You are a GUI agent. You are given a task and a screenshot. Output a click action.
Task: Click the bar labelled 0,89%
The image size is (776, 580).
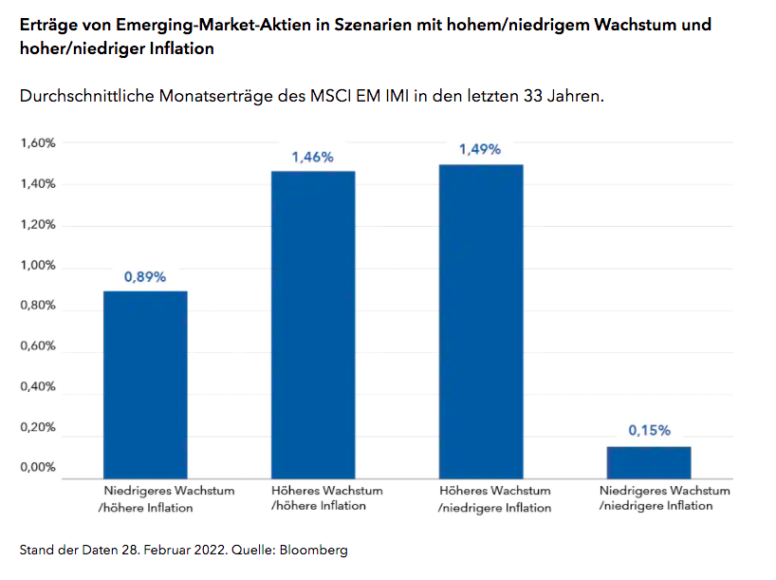tap(145, 384)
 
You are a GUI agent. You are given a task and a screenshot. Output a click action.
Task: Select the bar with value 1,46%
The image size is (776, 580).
tap(313, 325)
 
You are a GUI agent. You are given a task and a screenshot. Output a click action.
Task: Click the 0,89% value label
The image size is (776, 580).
tap(145, 277)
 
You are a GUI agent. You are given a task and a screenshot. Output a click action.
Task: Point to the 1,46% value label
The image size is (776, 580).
tap(313, 158)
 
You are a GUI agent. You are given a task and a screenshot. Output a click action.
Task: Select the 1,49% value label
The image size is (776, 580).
tap(480, 150)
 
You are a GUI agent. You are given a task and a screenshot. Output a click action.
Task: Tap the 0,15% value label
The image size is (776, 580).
tap(649, 430)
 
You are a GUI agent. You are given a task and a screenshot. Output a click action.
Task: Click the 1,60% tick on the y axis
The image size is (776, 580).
tap(38, 143)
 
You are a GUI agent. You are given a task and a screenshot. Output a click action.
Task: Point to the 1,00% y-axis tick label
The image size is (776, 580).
tap(38, 266)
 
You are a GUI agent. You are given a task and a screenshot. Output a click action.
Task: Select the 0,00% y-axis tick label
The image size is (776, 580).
tap(38, 468)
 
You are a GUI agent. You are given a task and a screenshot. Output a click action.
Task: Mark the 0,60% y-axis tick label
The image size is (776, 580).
tap(38, 346)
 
